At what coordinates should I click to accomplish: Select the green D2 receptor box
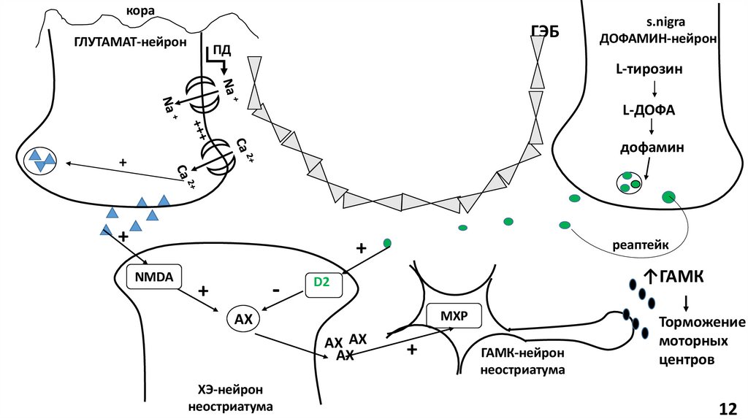(x=322, y=282)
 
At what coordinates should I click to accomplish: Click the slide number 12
(x=728, y=407)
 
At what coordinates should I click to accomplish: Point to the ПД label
(x=221, y=50)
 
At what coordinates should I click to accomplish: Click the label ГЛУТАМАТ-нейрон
(x=130, y=42)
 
